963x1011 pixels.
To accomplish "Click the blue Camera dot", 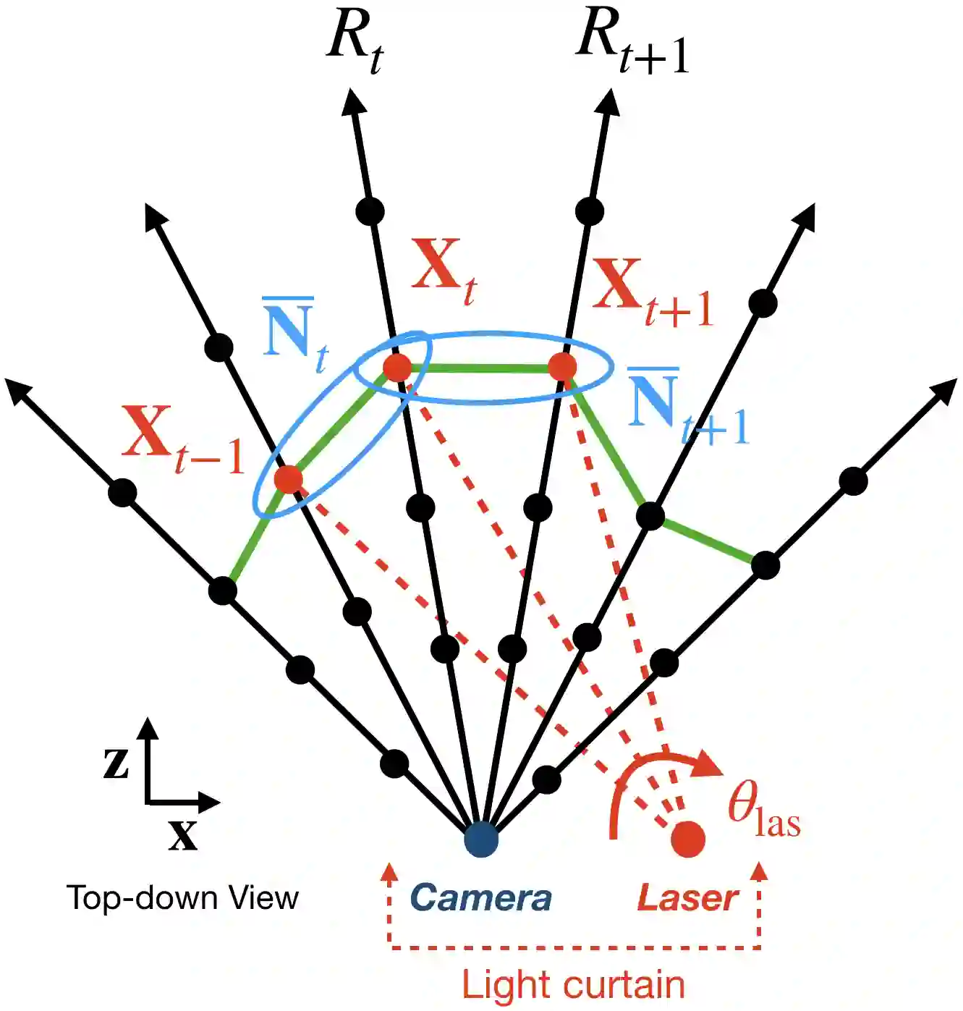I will coord(481,839).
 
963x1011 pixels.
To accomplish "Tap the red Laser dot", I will coord(687,839).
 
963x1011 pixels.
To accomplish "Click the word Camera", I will coord(480,898).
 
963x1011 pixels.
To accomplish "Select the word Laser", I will coord(687,898).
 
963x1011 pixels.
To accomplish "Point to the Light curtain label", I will coord(573,985).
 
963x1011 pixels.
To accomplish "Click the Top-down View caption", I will coord(182,898).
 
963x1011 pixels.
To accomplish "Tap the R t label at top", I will coord(355,40).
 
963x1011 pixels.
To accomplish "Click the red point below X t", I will coord(396,368).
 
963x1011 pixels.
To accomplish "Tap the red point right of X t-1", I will coord(288,479).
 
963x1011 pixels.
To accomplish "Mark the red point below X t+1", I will coord(562,368).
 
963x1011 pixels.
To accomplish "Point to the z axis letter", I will coord(116,761).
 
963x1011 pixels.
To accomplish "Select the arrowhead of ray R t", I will coord(352,101).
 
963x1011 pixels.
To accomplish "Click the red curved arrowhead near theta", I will coord(709,764).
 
